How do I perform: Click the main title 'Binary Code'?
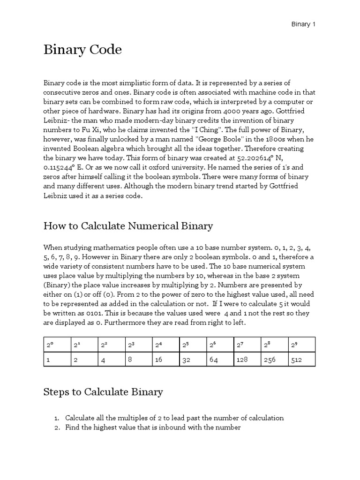[82, 50]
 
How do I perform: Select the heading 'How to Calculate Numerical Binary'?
[128, 226]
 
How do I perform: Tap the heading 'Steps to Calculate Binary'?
[103, 392]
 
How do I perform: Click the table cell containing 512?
[301, 359]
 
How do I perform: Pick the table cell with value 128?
[247, 359]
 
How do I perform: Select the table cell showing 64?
[220, 359]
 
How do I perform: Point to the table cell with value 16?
[165, 359]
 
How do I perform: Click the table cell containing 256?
[275, 359]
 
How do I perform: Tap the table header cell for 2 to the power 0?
[57, 345]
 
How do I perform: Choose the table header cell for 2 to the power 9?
[301, 345]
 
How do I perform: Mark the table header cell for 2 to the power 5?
[193, 345]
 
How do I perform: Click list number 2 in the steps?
[56, 427]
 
